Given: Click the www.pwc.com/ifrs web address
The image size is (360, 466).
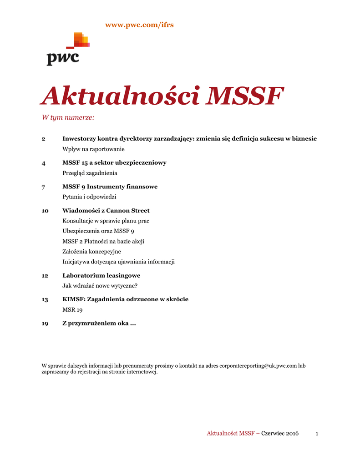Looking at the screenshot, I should pos(139,25).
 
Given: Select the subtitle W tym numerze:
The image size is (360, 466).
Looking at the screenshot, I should pos(68,118).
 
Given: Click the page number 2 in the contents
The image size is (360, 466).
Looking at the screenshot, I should pos(44,139).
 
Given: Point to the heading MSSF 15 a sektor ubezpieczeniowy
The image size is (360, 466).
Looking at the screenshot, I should pos(114,162).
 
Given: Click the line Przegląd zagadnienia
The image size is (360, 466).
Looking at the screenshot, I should pos(90,173).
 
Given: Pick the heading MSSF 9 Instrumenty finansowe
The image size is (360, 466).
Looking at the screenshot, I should pos(110,187).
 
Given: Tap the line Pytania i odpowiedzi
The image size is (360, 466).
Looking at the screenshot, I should pos(89,197).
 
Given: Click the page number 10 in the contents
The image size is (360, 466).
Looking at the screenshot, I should pos(45,211).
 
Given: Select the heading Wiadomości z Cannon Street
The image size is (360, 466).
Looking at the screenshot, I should pos(106,211).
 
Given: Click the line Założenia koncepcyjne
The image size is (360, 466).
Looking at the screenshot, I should pos(91,251).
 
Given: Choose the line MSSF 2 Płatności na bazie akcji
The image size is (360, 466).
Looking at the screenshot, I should pos(103,241).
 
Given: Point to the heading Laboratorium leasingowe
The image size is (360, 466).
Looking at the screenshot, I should pos(101,275).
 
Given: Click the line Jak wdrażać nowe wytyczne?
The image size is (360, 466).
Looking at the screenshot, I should pos(100,286).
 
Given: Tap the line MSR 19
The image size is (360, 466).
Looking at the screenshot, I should pos(72,309).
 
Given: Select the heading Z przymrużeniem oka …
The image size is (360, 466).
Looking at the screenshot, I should pos(99,324).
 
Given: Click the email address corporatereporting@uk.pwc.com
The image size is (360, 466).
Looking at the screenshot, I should pos(258,365).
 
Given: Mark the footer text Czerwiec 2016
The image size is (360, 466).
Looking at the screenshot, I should pos(279,433).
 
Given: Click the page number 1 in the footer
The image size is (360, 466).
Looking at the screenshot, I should pos(316,434).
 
